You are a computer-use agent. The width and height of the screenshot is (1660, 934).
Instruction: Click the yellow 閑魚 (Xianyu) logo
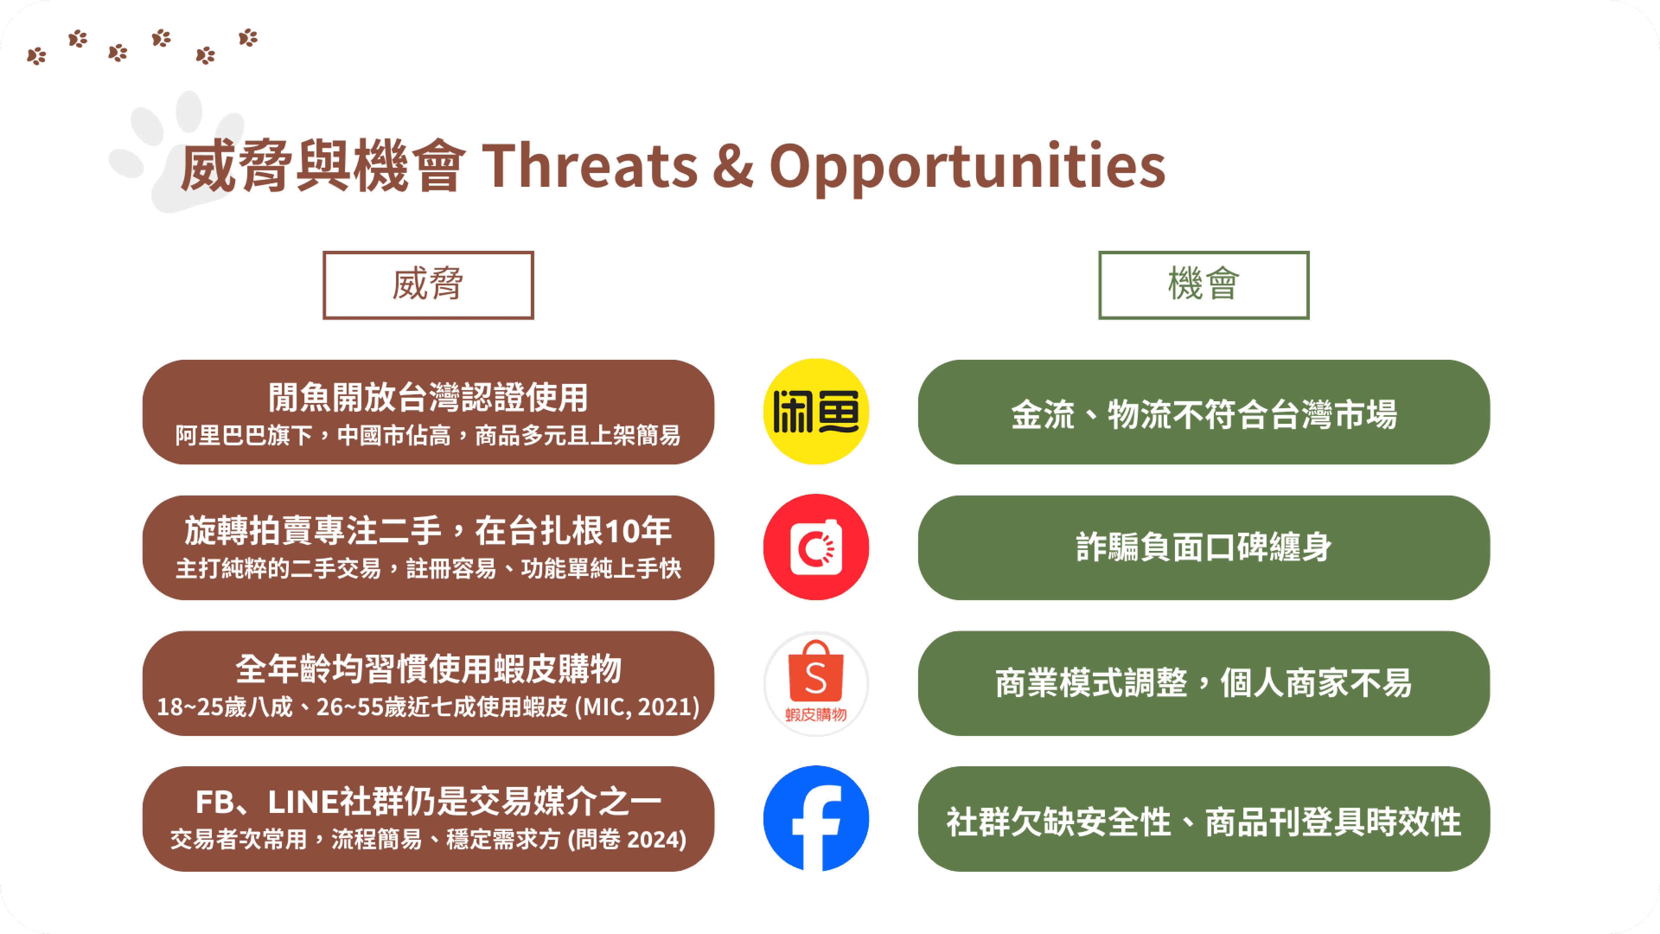pyautogui.click(x=816, y=411)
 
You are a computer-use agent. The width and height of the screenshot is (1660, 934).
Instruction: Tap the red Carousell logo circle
pyautogui.click(x=816, y=547)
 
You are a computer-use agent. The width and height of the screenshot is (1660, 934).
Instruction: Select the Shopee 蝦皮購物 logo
pyautogui.click(x=816, y=683)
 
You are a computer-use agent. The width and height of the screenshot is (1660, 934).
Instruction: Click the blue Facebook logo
pyautogui.click(x=816, y=819)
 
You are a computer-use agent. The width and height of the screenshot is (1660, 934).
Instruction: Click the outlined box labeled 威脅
pyautogui.click(x=428, y=285)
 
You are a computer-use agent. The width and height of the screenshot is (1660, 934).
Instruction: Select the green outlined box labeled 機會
pyautogui.click(x=1204, y=285)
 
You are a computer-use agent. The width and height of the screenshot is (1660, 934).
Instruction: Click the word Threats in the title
pyautogui.click(x=590, y=166)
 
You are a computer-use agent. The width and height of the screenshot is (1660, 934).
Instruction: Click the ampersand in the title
pyautogui.click(x=733, y=166)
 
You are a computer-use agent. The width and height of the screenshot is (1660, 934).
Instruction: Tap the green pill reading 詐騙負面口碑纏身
pyautogui.click(x=1204, y=547)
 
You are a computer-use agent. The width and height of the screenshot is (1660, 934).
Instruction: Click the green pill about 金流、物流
pyautogui.click(x=1204, y=412)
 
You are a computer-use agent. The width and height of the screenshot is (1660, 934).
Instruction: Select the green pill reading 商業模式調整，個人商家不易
pyautogui.click(x=1204, y=683)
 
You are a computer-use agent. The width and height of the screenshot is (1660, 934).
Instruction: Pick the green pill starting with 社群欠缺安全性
pyautogui.click(x=1204, y=819)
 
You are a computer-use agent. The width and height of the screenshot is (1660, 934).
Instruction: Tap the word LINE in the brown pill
pyautogui.click(x=302, y=803)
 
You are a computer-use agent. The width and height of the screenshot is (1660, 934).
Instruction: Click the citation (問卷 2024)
pyautogui.click(x=627, y=839)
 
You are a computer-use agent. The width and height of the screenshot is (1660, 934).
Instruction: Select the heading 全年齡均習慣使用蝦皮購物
pyautogui.click(x=428, y=669)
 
